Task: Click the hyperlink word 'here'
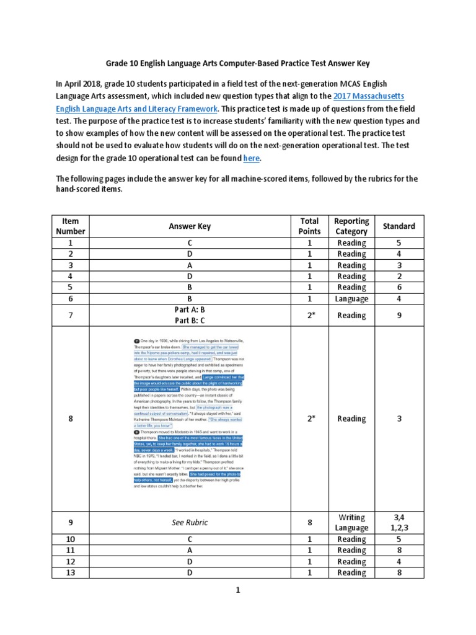tap(251, 158)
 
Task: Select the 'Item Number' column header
tap(71, 226)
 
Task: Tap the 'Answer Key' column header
tap(190, 226)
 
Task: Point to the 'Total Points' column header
tap(309, 226)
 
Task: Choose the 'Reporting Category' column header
tap(351, 226)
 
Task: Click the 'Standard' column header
tap(399, 226)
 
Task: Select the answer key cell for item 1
tap(190, 243)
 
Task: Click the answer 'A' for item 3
tap(190, 265)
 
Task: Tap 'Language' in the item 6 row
tap(351, 299)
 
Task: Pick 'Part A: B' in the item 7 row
tap(190, 310)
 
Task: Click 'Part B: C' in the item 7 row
tap(190, 321)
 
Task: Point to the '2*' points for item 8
tap(309, 419)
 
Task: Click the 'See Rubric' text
tap(190, 522)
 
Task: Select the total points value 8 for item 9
tap(309, 522)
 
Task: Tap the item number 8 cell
tap(71, 419)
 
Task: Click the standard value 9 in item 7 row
tap(399, 315)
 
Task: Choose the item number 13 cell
tap(71, 572)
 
